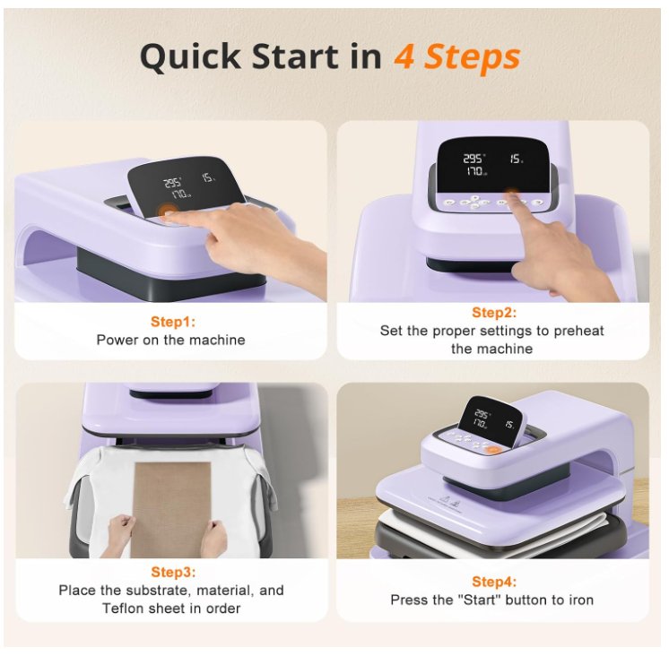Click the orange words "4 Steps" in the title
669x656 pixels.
(x=457, y=56)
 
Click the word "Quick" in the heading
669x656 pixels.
(x=190, y=57)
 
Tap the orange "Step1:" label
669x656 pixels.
(x=173, y=322)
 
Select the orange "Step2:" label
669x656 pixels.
(x=493, y=313)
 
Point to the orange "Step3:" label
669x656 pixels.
(x=173, y=572)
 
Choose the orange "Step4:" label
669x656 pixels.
(x=493, y=582)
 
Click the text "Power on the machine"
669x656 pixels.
(x=170, y=340)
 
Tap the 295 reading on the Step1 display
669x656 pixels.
(x=173, y=184)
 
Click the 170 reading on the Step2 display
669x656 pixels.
(x=474, y=171)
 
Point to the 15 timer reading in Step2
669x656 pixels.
(x=516, y=159)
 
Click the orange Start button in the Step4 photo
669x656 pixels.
(x=493, y=450)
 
